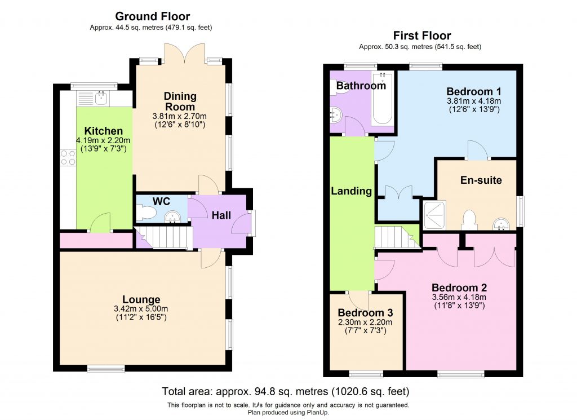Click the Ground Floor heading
[x=152, y=16]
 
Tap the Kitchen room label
[x=100, y=131]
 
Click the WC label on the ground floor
[x=161, y=201]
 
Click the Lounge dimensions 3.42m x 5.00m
[x=141, y=309]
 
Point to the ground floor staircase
[x=163, y=237]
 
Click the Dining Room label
[x=180, y=101]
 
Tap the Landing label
[x=352, y=191]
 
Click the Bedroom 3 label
[x=365, y=313]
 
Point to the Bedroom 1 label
[x=473, y=91]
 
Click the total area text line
[x=286, y=391]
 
